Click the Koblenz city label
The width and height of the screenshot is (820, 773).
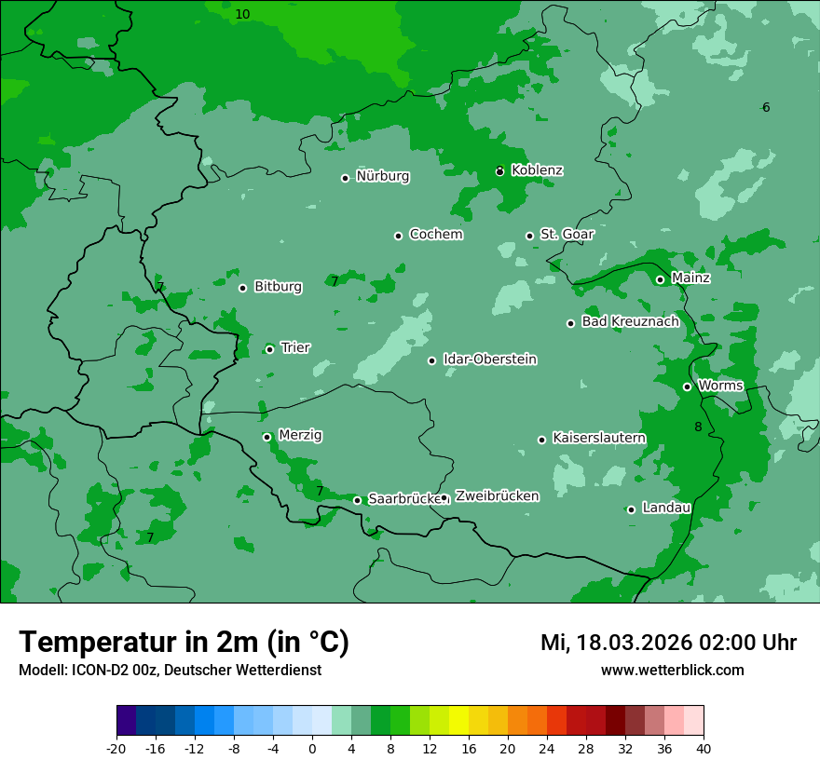537,170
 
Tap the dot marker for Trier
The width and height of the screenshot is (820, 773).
269,349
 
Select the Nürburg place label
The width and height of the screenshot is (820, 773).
382,176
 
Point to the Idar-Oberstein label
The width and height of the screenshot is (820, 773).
489,359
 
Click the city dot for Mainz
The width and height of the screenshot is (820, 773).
660,279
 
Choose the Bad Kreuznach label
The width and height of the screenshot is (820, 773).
630,321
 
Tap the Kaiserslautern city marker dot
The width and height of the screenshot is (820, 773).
541,440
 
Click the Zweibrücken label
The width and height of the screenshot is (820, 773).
497,496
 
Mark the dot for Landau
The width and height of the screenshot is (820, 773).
631,509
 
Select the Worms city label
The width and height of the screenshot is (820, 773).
720,386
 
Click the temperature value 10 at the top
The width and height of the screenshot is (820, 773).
242,14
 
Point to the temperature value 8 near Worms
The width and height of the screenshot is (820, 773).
698,427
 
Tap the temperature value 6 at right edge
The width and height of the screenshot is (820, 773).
766,108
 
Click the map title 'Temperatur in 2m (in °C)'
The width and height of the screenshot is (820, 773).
184,642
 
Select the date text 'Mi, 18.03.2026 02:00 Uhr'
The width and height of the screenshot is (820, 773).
668,643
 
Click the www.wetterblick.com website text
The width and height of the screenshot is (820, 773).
672,671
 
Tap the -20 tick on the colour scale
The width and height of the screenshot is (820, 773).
116,748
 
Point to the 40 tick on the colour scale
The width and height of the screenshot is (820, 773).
704,748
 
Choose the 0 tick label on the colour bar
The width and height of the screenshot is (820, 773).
312,748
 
